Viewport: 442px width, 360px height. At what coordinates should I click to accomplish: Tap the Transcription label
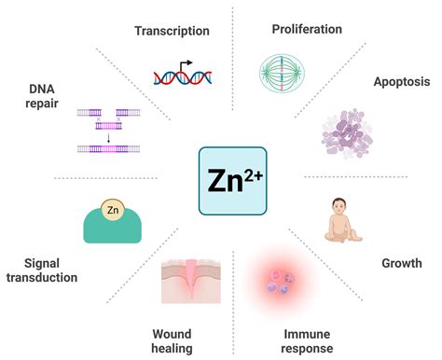pyautogui.click(x=172, y=31)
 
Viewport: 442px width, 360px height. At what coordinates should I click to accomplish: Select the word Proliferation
pyautogui.click(x=306, y=30)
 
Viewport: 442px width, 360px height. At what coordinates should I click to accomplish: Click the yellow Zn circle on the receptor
pyautogui.click(x=112, y=211)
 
